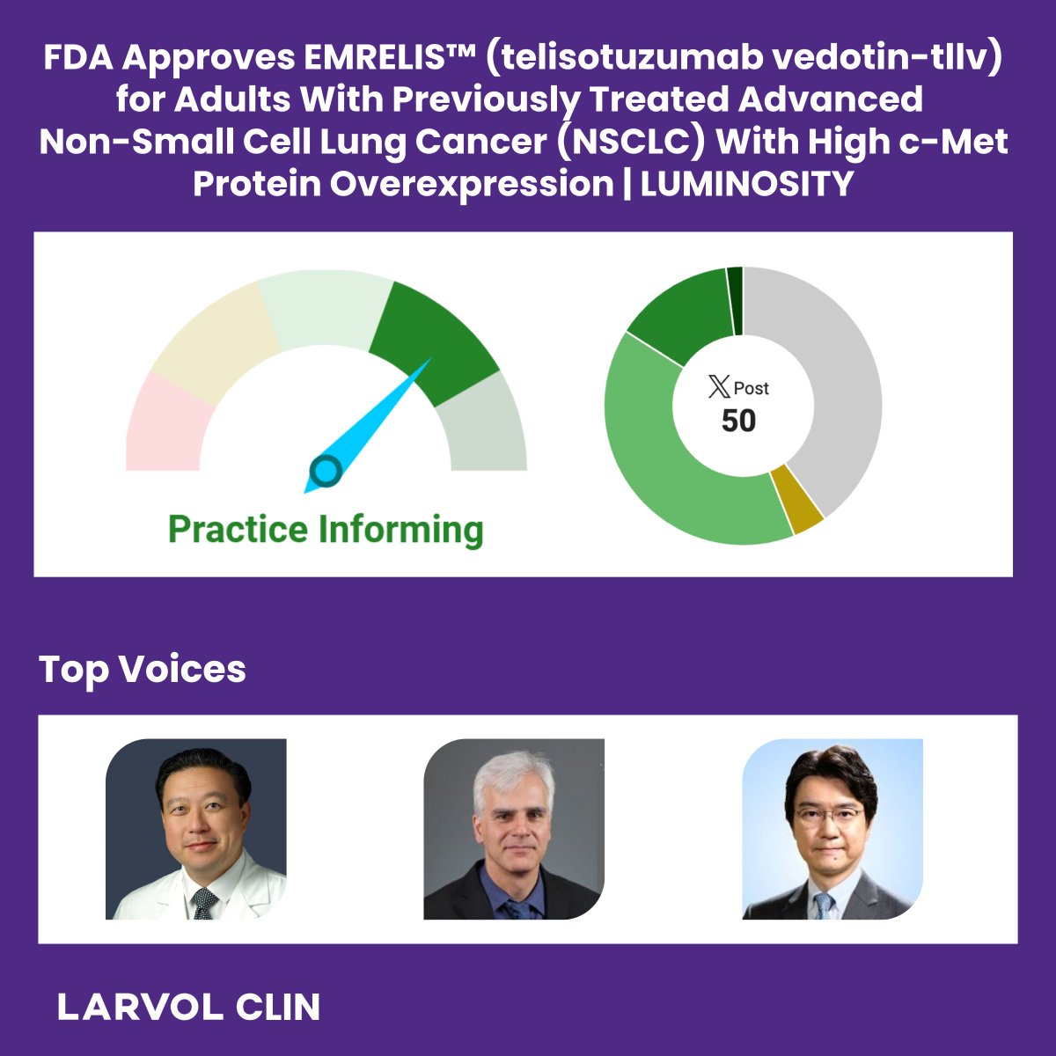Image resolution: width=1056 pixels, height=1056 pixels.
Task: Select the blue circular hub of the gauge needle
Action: tap(326, 472)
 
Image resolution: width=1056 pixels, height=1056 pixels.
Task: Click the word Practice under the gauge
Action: tap(238, 531)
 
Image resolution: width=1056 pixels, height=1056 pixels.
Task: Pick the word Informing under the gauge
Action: tap(401, 531)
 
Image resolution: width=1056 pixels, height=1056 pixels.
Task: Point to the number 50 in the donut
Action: tap(738, 421)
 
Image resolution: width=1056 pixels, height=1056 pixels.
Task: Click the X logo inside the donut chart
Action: tap(719, 386)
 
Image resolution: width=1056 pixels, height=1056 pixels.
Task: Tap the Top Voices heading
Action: tap(143, 670)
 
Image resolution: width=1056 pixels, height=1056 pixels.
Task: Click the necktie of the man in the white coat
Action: tap(204, 903)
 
